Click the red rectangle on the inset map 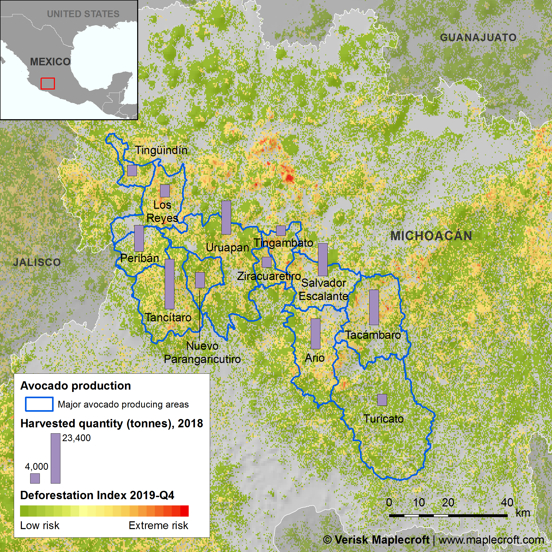pos(47,84)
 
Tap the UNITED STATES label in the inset pos(83,14)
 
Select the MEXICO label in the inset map pos(50,62)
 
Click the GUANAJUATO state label pos(478,37)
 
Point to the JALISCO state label pos(37,262)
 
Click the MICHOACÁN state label pos(431,236)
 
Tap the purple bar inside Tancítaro pos(169,284)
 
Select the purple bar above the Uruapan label pos(226,217)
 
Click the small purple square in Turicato pos(382,400)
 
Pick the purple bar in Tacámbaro pos(374,307)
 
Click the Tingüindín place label pos(161,150)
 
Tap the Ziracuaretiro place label pos(269,276)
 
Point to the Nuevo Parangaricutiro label pos(202,352)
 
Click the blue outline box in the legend pos(39,404)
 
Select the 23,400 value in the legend pos(76,438)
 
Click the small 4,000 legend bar pos(35,478)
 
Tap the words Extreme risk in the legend pos(158,525)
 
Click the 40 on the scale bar pos(507,503)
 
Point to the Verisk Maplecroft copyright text pos(433,540)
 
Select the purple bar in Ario pos(315,334)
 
